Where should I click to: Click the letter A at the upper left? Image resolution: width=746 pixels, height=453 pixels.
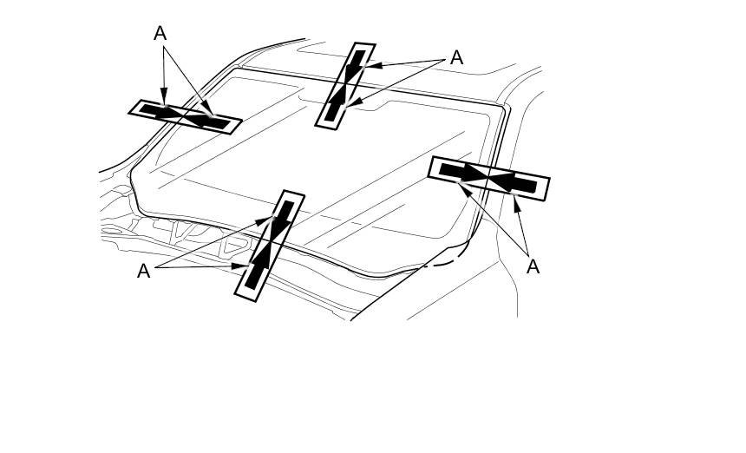pos(160,34)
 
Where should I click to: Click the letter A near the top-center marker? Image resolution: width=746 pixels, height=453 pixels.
pos(456,58)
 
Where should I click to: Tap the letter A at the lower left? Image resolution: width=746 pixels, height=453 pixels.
pos(144,271)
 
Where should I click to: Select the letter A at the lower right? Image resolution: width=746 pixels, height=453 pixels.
pos(533,266)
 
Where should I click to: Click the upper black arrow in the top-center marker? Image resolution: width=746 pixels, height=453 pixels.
pos(355,68)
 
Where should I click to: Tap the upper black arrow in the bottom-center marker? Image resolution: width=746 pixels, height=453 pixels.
pos(281,220)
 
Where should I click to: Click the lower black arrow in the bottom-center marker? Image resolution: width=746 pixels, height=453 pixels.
pos(258,266)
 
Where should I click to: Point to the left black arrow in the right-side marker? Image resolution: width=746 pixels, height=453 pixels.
pos(460,172)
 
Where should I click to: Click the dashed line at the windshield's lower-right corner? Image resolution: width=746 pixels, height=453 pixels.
pos(444,258)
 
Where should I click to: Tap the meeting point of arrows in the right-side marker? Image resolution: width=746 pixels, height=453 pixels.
pos(488,178)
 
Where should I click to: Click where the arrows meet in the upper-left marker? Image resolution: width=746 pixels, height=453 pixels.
pos(185,116)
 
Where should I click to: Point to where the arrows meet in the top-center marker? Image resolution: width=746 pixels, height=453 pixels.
pos(345,86)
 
